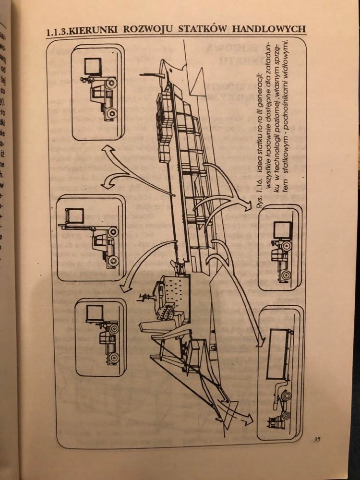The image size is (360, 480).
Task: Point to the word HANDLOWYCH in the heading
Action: coord(269,28)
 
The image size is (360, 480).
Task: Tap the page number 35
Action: coord(317,439)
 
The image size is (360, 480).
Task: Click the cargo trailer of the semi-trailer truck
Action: coord(280,350)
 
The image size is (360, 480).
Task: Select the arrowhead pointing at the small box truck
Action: coord(247,205)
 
